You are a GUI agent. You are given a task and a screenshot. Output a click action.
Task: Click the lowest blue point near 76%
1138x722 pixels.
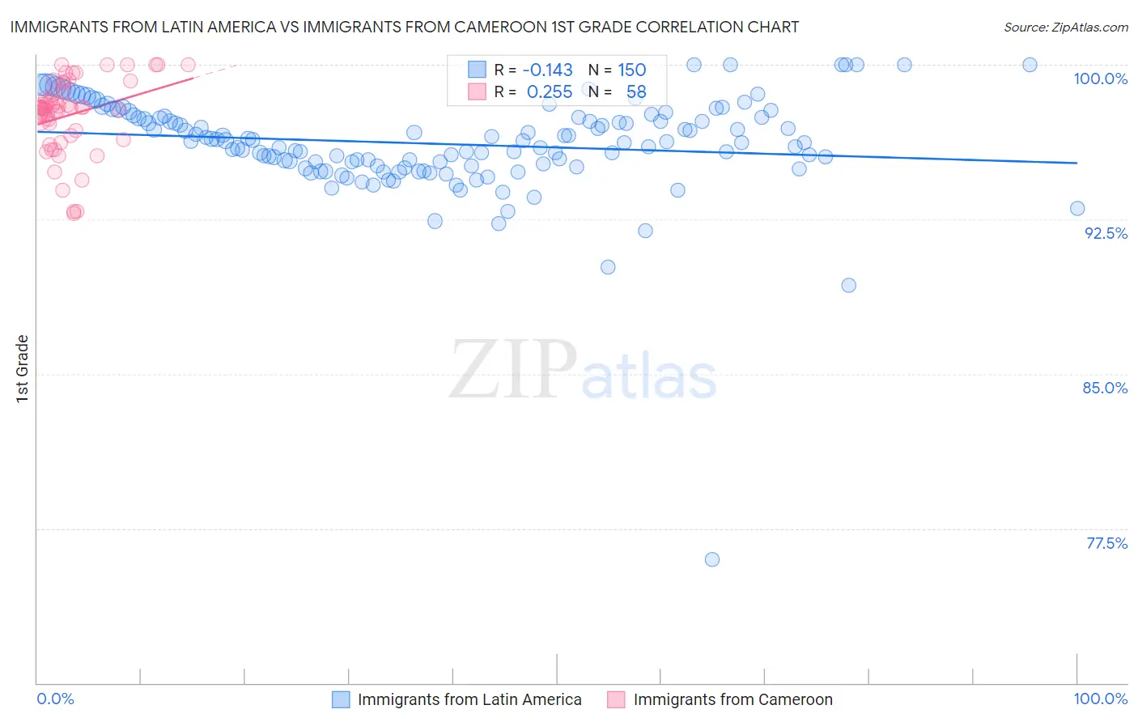[x=712, y=559]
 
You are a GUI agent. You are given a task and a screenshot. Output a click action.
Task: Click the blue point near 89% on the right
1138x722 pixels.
[x=848, y=285]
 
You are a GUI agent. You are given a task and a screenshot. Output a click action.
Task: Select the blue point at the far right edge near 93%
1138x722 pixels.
[x=1077, y=208]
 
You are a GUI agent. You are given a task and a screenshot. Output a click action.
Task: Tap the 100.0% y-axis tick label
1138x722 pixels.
[x=1100, y=79]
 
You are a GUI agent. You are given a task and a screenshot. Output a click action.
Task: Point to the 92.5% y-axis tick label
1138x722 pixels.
[x=1106, y=233]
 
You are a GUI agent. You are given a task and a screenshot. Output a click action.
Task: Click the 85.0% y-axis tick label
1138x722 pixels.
[x=1105, y=388]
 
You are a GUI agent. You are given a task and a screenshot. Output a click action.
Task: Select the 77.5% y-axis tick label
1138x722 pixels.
[x=1106, y=543]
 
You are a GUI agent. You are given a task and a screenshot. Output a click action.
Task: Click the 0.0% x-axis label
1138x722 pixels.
[x=55, y=699]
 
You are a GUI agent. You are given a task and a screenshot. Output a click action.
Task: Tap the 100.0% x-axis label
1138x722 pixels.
[x=1100, y=699]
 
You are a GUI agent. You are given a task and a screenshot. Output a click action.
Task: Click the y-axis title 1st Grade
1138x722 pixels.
[x=23, y=368]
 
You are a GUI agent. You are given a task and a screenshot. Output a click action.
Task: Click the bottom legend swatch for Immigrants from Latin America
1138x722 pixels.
[x=341, y=699]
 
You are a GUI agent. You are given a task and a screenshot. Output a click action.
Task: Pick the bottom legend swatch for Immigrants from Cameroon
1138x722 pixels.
[x=617, y=699]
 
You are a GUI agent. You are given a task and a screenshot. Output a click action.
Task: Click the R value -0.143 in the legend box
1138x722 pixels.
[x=547, y=70]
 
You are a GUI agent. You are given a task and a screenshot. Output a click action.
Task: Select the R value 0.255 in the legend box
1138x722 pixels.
[x=549, y=92]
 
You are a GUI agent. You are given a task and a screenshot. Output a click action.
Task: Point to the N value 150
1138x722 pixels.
[x=631, y=70]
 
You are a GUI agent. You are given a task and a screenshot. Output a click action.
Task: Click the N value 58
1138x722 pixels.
[x=636, y=92]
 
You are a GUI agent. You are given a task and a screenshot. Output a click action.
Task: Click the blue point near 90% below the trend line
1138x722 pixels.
[x=608, y=267]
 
